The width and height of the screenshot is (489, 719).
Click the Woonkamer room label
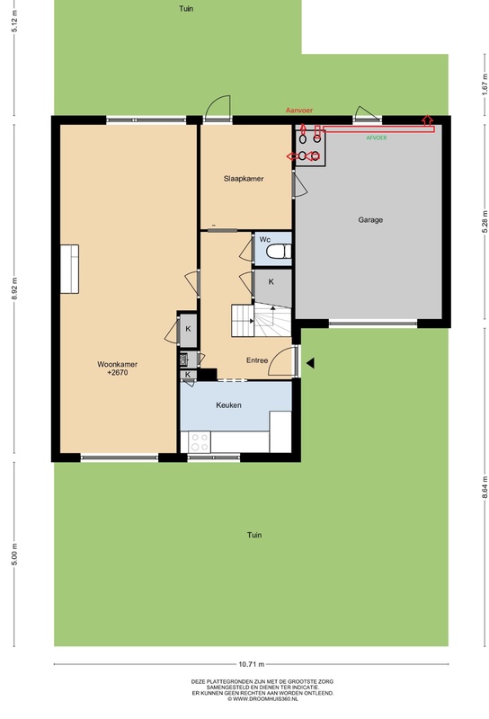(x=117, y=365)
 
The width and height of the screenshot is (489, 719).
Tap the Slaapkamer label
(x=244, y=179)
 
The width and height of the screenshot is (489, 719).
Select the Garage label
(x=370, y=220)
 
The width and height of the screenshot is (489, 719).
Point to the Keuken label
(x=228, y=405)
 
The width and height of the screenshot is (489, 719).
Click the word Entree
(x=257, y=360)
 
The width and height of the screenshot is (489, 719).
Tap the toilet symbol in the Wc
(x=279, y=252)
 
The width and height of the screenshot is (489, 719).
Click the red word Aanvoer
(x=299, y=111)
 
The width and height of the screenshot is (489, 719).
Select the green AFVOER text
(x=376, y=138)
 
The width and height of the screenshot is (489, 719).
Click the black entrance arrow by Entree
(x=310, y=363)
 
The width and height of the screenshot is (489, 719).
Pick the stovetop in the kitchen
(x=200, y=441)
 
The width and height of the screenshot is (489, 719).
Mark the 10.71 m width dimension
(x=252, y=664)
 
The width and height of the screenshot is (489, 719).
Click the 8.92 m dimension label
(x=14, y=288)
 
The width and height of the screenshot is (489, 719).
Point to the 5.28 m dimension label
(x=485, y=221)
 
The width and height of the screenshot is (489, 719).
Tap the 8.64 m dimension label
(x=485, y=488)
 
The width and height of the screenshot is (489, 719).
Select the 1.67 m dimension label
(x=485, y=84)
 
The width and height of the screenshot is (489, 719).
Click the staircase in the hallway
(x=261, y=321)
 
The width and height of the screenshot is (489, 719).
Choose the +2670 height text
(x=118, y=373)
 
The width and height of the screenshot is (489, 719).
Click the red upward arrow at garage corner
(x=428, y=120)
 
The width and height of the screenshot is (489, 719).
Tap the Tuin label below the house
(x=254, y=535)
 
